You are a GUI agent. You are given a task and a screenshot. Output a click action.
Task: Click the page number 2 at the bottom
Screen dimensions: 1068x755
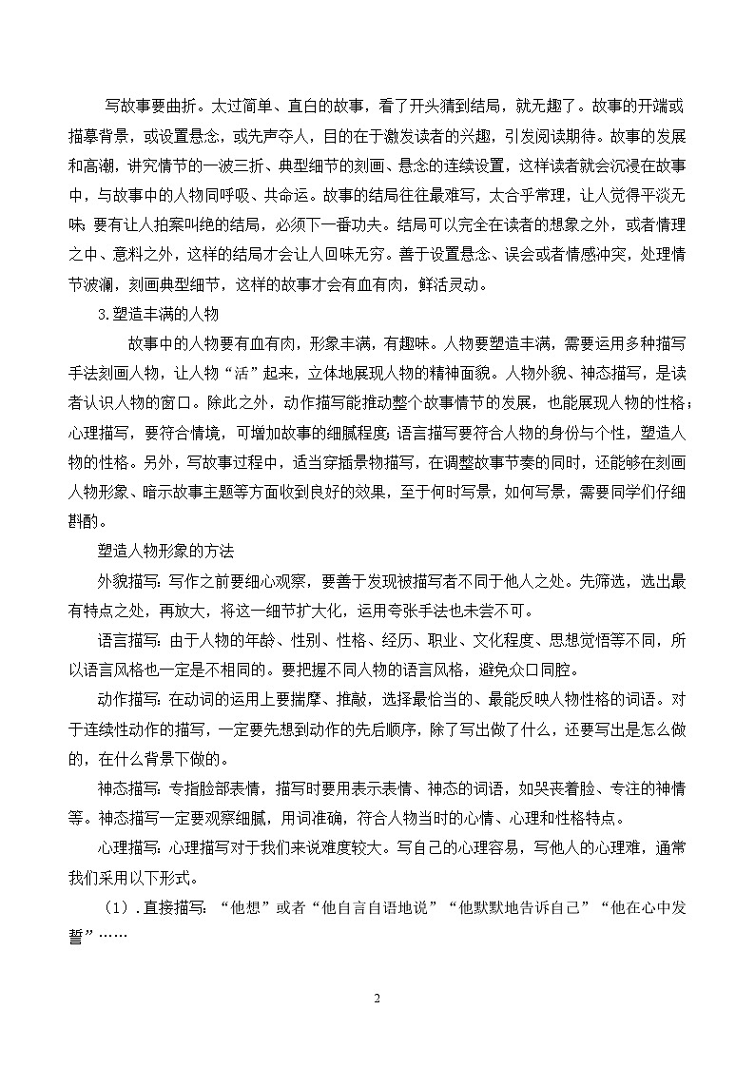377,999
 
